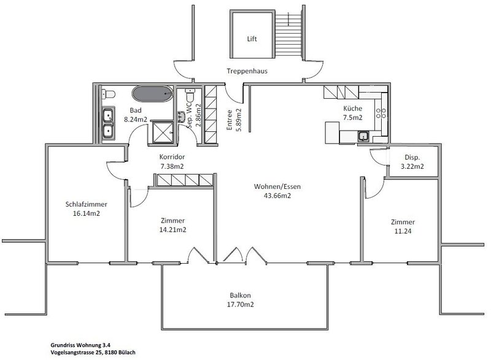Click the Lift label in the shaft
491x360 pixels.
pos(251,38)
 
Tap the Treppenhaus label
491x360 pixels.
pos(247,71)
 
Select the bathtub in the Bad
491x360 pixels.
pos(153,95)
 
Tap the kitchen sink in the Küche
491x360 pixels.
pos(365,136)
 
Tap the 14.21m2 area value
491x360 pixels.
pos(172,230)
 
